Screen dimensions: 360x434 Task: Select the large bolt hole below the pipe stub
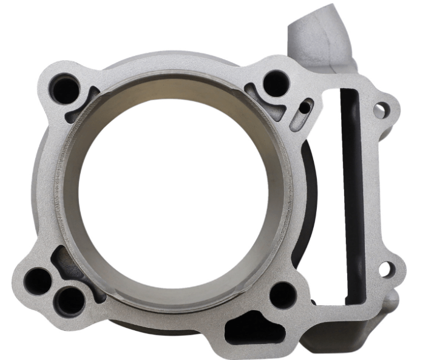tap(276, 83)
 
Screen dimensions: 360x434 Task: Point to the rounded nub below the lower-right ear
tap(393, 297)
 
